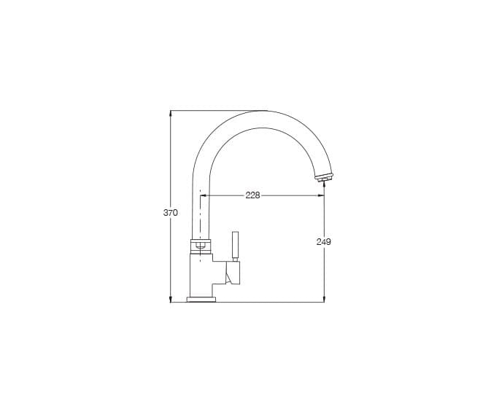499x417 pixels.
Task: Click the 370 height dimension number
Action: pos(170,213)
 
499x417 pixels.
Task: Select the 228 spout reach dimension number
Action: pos(252,195)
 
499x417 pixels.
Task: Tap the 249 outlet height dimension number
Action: pos(324,242)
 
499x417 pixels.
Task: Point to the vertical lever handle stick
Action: pos(236,246)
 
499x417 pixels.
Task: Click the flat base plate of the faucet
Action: pos(201,300)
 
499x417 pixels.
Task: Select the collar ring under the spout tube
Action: pos(201,246)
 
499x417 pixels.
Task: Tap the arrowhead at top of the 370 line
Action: pos(171,114)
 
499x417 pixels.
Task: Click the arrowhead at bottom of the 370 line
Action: pos(171,299)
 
